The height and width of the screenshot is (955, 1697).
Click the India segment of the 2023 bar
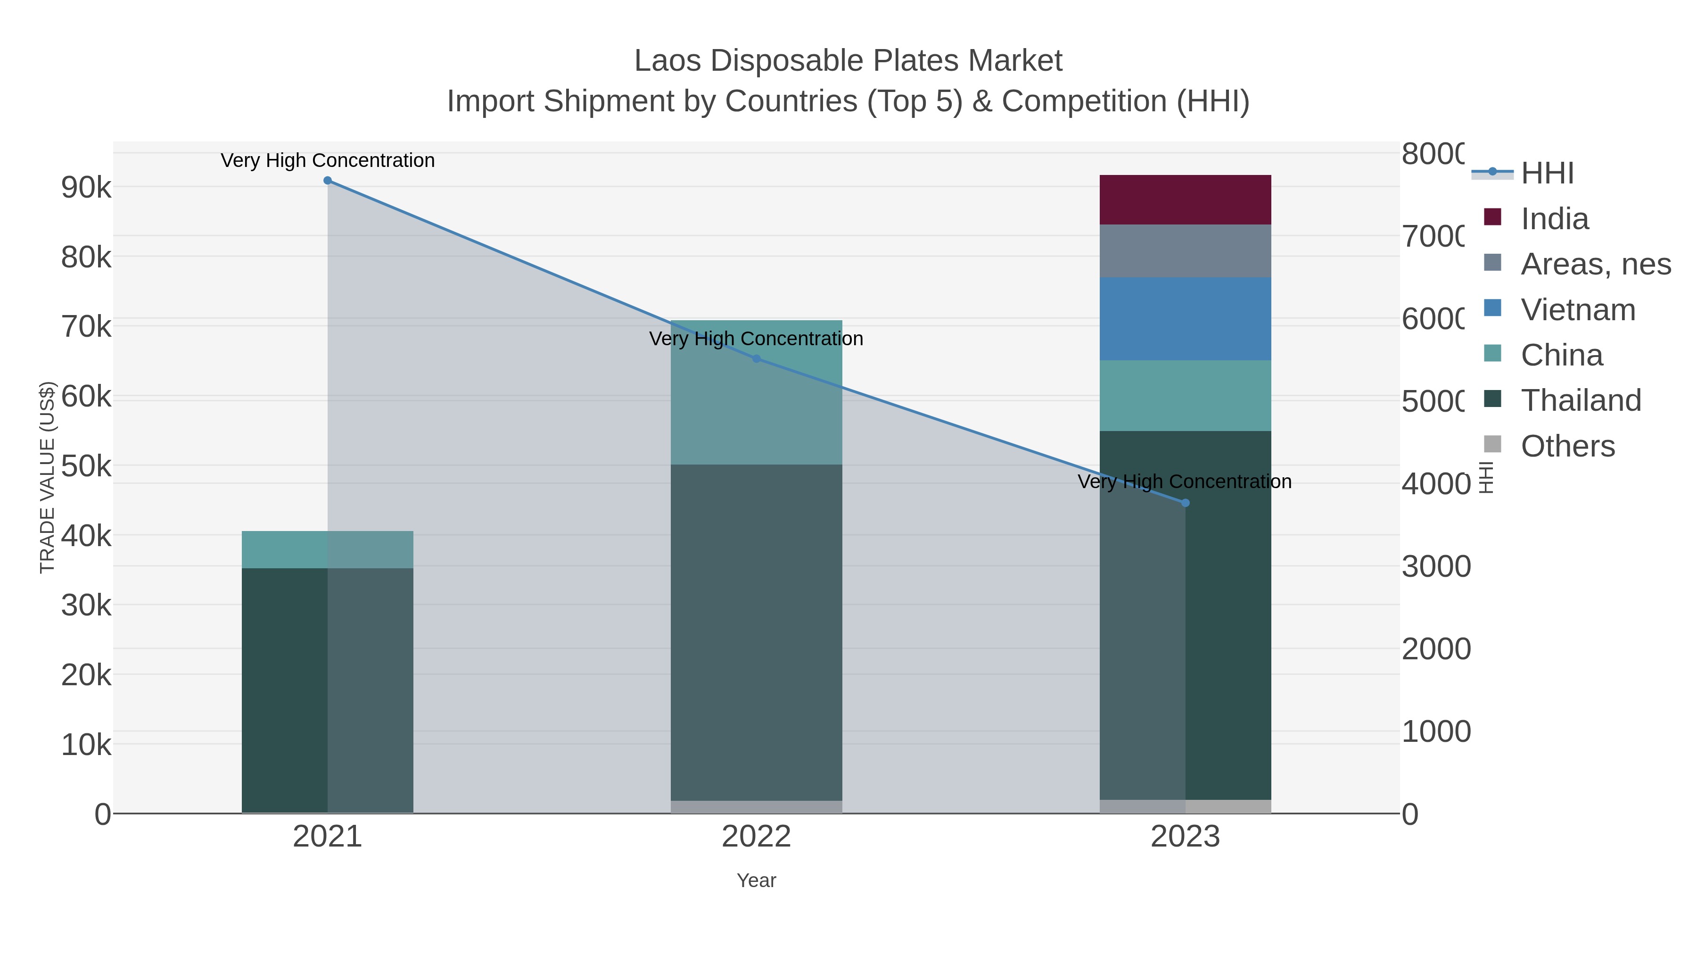(1185, 199)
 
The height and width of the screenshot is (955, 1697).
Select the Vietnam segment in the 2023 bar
(1185, 318)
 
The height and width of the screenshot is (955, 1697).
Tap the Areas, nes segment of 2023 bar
(1185, 250)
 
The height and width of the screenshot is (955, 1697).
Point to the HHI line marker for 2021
(328, 181)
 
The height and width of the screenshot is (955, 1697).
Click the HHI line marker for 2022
(756, 358)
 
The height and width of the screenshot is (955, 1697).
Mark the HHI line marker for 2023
(1185, 503)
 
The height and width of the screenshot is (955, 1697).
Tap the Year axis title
(756, 880)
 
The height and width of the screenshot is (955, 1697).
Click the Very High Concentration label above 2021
(328, 160)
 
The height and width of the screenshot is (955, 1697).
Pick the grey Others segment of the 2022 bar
(756, 807)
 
